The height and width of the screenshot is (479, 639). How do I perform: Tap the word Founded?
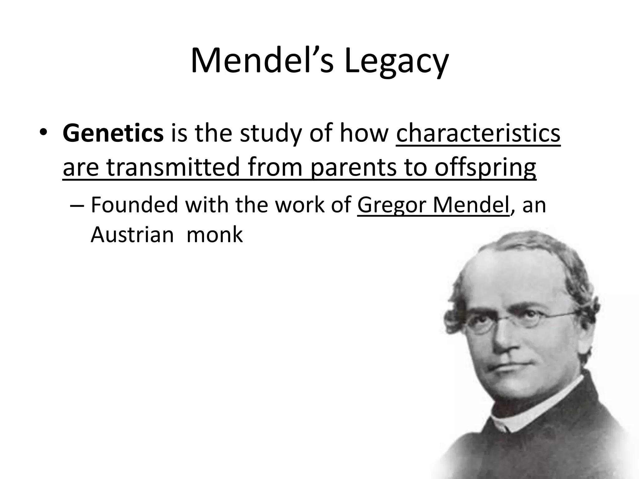pyautogui.click(x=134, y=205)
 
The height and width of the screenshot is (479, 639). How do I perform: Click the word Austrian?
pyautogui.click(x=132, y=235)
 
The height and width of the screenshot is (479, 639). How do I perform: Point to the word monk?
pyautogui.click(x=214, y=235)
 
